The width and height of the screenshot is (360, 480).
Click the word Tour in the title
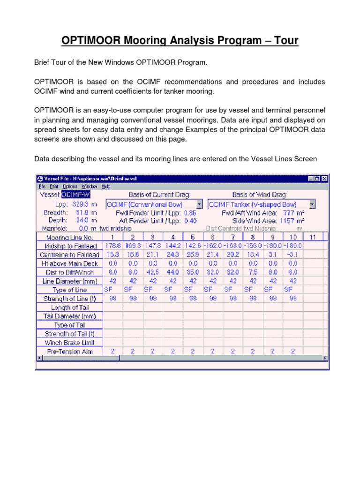click(x=283, y=41)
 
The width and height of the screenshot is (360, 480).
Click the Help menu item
click(x=106, y=186)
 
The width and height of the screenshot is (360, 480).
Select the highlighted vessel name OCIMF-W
click(x=73, y=195)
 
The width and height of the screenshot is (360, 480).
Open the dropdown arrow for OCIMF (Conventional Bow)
click(x=199, y=204)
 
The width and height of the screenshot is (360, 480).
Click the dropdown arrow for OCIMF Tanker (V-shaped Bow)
click(x=312, y=204)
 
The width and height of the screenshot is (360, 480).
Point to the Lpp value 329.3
click(x=79, y=204)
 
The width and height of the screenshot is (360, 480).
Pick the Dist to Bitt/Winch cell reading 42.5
click(x=152, y=272)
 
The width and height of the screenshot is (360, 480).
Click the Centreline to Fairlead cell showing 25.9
click(x=193, y=255)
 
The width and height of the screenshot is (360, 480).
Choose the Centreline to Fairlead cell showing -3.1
click(x=293, y=255)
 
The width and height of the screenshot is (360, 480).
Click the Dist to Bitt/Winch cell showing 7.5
click(x=253, y=272)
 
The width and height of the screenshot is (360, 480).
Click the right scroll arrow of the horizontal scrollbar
click(x=325, y=358)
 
